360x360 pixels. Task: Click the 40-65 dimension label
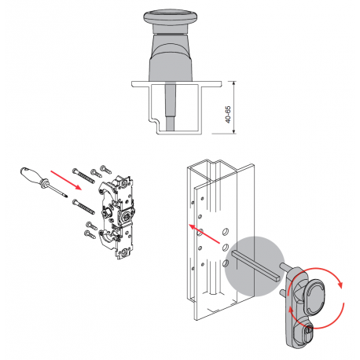pos(228,115)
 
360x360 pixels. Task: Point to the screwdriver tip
pos(67,197)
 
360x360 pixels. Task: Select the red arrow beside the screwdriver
pos(66,180)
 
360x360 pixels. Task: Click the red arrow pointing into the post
pos(204,234)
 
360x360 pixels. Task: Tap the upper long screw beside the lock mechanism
pos(83,175)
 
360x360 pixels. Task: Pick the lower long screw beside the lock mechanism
pos(83,207)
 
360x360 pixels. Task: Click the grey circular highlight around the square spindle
pos(254,266)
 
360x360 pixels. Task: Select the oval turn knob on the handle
pos(314,296)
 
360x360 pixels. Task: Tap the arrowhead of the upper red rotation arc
pos(340,285)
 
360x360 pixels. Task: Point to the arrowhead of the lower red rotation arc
pos(290,310)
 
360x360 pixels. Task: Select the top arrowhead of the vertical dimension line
pos(234,83)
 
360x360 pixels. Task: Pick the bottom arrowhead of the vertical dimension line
pos(234,131)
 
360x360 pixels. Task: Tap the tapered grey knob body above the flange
pos(171,57)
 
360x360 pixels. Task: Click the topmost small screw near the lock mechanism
pos(106,169)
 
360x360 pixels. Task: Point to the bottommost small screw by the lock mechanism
pos(90,234)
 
